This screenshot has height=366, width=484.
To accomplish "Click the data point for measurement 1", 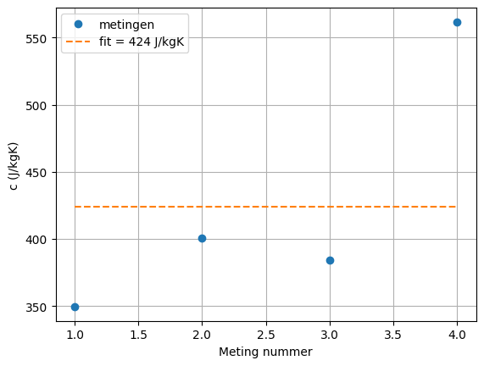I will click(75, 307).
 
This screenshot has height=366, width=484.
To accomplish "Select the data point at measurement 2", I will click(202, 238).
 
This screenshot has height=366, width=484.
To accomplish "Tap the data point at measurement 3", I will click(330, 260).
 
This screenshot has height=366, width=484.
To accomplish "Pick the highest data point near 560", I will click(457, 22).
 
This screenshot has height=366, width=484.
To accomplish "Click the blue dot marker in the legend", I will click(78, 25).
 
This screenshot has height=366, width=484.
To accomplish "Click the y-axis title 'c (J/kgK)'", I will click(14, 166).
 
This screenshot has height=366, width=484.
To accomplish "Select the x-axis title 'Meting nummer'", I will click(265, 352).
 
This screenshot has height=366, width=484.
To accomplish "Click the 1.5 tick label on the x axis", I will click(138, 334).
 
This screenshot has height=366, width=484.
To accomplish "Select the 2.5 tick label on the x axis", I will click(266, 334).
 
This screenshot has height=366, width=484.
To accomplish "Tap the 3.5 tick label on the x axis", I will click(393, 334).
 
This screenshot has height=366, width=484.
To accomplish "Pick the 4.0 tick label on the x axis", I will click(457, 334).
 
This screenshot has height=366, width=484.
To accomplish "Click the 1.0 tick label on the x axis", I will click(75, 334).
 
